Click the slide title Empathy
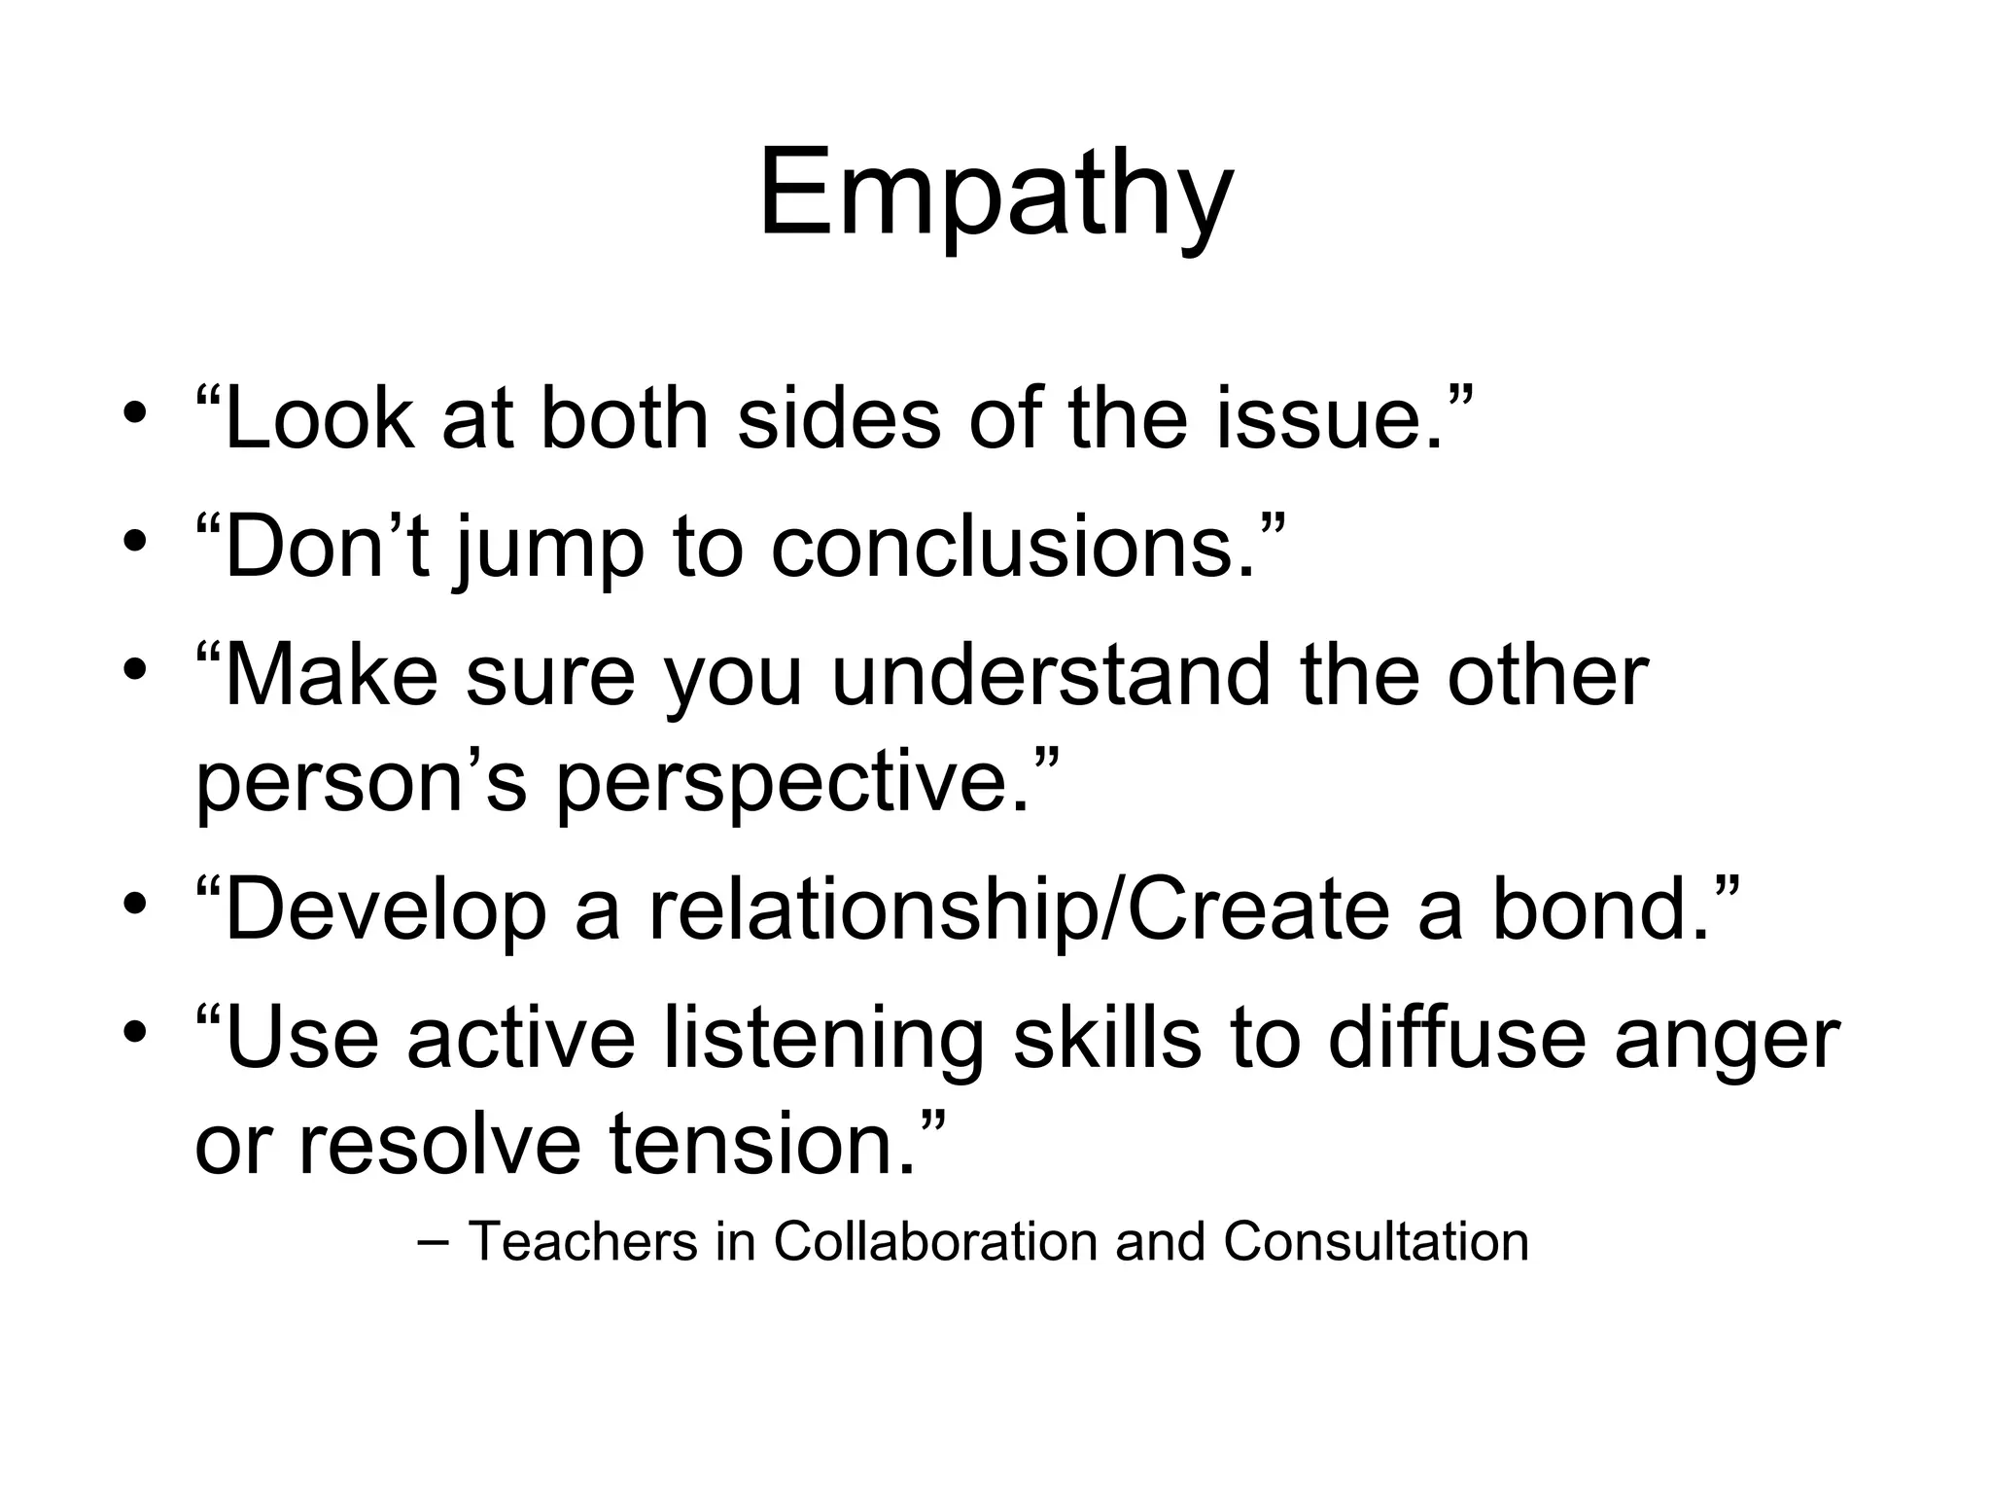[995, 195]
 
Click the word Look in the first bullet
[316, 419]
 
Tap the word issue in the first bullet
[1330, 419]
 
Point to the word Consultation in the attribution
[1376, 1242]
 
